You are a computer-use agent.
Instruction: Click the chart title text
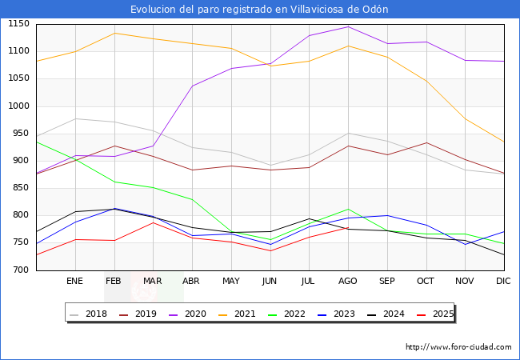(259, 10)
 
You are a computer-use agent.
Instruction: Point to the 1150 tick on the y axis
(18, 24)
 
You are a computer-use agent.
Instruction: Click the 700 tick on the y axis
(21, 270)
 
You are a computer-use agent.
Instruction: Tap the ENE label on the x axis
(75, 281)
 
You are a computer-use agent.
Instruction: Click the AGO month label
(348, 281)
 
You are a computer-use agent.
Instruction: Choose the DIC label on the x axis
(503, 281)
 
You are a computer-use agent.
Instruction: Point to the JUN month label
(270, 281)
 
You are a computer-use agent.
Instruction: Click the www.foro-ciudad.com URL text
(458, 347)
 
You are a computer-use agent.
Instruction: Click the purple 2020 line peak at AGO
(348, 27)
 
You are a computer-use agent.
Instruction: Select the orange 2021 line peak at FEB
(114, 33)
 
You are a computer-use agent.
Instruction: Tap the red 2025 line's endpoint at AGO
(348, 227)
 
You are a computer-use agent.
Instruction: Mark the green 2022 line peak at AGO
(348, 209)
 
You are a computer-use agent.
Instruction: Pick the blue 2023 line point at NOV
(465, 244)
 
